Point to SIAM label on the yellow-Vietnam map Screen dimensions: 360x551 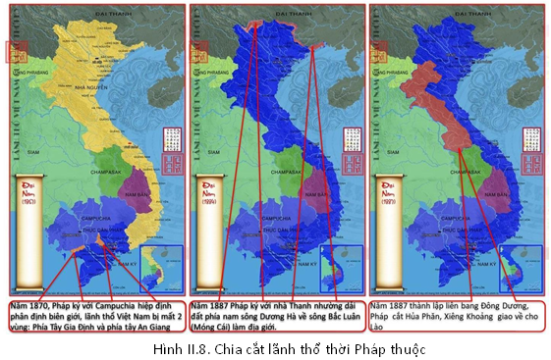pyautogui.click(x=36, y=151)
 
